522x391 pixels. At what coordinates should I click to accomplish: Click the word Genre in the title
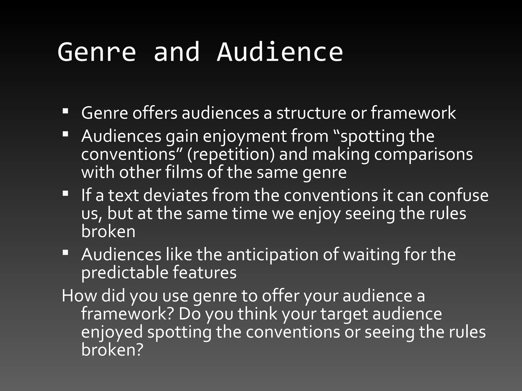tap(97, 52)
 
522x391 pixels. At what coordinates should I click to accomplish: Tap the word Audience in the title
tap(280, 52)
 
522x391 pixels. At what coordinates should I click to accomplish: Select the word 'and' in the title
tap(176, 52)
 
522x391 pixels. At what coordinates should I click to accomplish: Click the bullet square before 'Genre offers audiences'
tap(66, 111)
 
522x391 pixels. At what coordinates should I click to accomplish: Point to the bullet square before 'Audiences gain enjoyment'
tap(66, 134)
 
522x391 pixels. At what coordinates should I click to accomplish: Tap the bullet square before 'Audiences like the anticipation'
tap(66, 252)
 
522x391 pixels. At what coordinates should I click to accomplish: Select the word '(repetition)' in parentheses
tap(231, 154)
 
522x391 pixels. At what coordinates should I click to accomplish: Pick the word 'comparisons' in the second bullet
tap(423, 154)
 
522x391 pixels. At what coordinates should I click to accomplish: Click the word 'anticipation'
tap(272, 254)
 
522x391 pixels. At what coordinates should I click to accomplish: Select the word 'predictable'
tap(125, 272)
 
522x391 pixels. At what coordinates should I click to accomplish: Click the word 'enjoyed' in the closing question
tap(112, 332)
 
